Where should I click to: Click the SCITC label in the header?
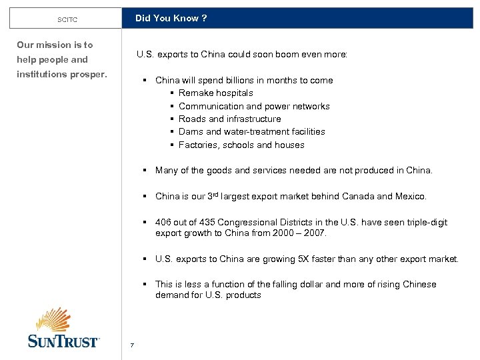(x=67, y=20)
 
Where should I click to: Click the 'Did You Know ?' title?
(x=171, y=19)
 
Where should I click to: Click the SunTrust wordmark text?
(x=63, y=341)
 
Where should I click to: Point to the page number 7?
(x=133, y=345)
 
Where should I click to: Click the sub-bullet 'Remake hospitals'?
(x=215, y=93)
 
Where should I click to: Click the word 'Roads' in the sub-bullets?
(x=192, y=119)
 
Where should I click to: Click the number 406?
(x=163, y=223)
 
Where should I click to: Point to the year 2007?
(x=315, y=233)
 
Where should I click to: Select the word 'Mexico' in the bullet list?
(x=409, y=197)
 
